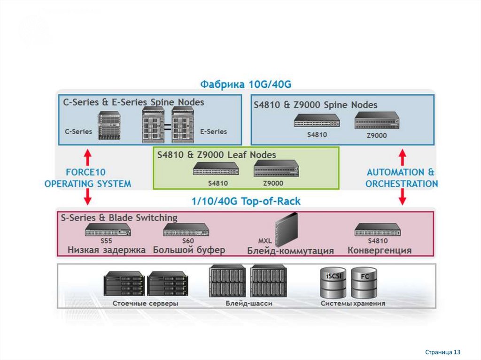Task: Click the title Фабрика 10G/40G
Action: pyautogui.click(x=246, y=84)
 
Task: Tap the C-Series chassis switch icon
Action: pyautogui.click(x=109, y=126)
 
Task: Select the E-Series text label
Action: pyautogui.click(x=213, y=131)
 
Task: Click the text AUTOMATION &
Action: pyautogui.click(x=401, y=172)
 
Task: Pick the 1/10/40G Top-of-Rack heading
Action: pyautogui.click(x=246, y=202)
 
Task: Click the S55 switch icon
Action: pyautogui.click(x=108, y=230)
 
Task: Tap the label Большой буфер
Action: pyautogui.click(x=189, y=250)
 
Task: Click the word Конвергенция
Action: pyautogui.click(x=380, y=251)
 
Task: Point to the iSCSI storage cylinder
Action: pyautogui.click(x=334, y=283)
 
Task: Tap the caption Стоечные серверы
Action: pyautogui.click(x=145, y=304)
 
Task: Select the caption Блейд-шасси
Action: pyautogui.click(x=248, y=304)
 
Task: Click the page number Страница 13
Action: pyautogui.click(x=443, y=352)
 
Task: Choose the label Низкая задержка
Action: pyautogui.click(x=107, y=250)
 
